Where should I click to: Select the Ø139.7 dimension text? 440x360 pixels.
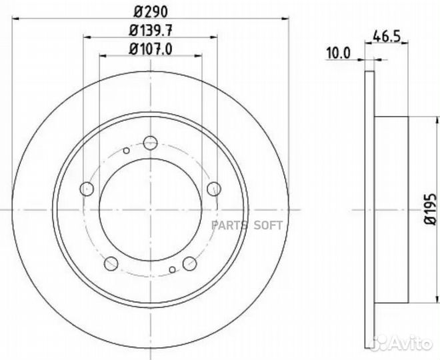point(150,30)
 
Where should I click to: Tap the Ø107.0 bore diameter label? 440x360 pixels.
point(150,48)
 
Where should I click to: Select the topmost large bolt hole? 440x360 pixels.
point(150,142)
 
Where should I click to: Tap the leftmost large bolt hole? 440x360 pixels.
point(87,189)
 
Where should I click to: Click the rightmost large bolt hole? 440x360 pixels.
point(213,189)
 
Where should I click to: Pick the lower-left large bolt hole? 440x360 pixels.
point(111,262)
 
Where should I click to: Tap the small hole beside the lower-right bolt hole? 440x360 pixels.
point(173,269)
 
